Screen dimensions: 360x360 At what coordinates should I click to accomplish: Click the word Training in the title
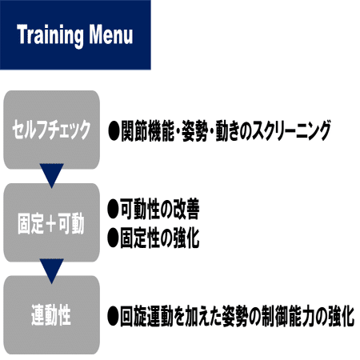(x=50, y=35)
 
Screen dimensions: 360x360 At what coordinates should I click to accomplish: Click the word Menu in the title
(x=110, y=34)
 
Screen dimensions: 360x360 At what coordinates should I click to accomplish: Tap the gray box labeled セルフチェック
(x=51, y=130)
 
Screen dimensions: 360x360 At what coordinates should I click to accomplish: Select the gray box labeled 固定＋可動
(x=51, y=222)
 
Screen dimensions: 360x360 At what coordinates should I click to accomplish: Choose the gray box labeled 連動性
(x=51, y=315)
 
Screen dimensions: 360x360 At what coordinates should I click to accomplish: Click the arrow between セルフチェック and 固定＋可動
(x=51, y=174)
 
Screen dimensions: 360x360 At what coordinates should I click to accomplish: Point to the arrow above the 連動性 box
(x=51, y=270)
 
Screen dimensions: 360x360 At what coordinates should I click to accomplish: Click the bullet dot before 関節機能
(x=114, y=130)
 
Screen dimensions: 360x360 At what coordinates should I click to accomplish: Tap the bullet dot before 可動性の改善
(x=113, y=209)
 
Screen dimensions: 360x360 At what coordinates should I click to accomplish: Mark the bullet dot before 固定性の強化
(x=113, y=238)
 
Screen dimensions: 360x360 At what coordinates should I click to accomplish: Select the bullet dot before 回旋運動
(x=113, y=316)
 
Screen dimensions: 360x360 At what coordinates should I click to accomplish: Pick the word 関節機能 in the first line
(x=147, y=130)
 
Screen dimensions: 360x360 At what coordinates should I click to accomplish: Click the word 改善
(x=186, y=209)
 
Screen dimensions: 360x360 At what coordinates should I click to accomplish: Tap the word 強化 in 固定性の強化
(x=186, y=238)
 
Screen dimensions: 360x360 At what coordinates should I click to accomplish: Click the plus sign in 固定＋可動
(x=50, y=223)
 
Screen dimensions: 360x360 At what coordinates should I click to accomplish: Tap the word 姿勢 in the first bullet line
(x=194, y=130)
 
